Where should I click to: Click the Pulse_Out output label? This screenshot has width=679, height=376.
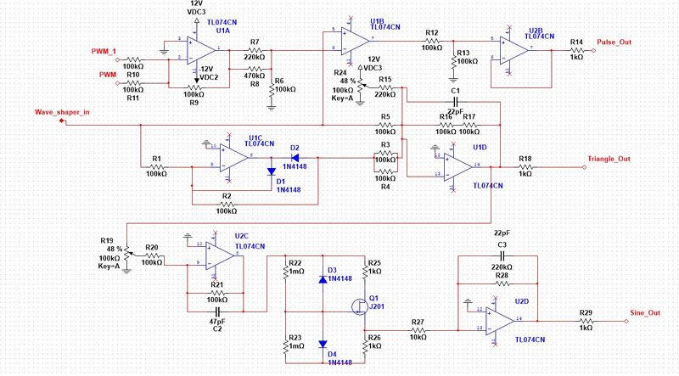(614, 42)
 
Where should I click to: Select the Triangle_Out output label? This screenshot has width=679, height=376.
(609, 159)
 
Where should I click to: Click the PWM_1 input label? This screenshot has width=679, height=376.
(104, 52)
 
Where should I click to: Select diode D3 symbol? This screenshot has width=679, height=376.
(323, 278)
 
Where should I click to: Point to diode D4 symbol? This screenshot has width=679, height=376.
(323, 345)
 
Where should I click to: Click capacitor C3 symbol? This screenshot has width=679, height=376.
(502, 254)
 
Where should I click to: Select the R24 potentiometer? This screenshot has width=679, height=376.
(362, 83)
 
